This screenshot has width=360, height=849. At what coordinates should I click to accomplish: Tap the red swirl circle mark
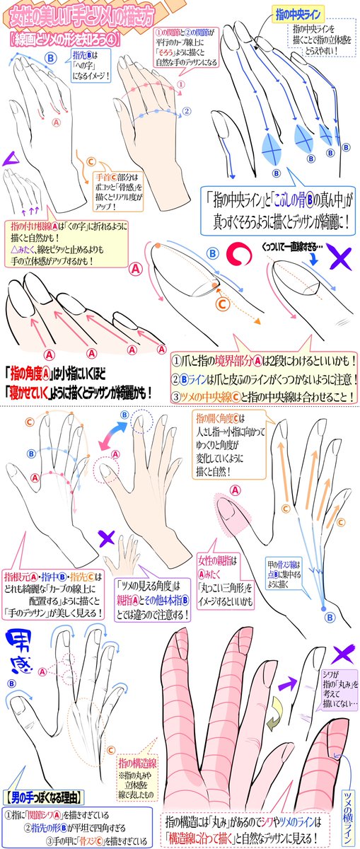pyautogui.click(x=241, y=253)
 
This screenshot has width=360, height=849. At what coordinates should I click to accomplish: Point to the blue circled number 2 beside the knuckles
pyautogui.click(x=186, y=110)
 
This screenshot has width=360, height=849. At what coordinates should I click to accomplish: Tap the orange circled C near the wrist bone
pyautogui.click(x=91, y=162)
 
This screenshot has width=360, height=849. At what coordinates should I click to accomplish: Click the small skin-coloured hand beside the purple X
pyautogui.click(x=130, y=548)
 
